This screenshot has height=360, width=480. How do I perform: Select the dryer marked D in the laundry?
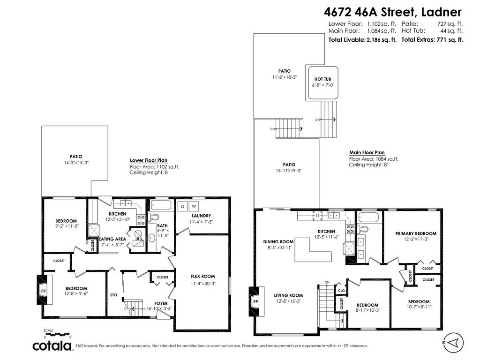click(x=182, y=206)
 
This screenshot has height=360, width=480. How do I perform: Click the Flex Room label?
click(x=202, y=277)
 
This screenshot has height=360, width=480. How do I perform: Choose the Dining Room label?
click(x=278, y=242)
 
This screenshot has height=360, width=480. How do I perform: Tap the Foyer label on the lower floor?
click(x=161, y=303)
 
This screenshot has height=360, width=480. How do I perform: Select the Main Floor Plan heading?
click(x=367, y=152)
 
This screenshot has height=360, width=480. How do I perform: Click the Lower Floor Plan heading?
click(x=148, y=160)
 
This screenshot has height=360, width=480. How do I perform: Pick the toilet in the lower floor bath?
click(x=153, y=217)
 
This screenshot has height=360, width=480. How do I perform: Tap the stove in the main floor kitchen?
click(x=350, y=229)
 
